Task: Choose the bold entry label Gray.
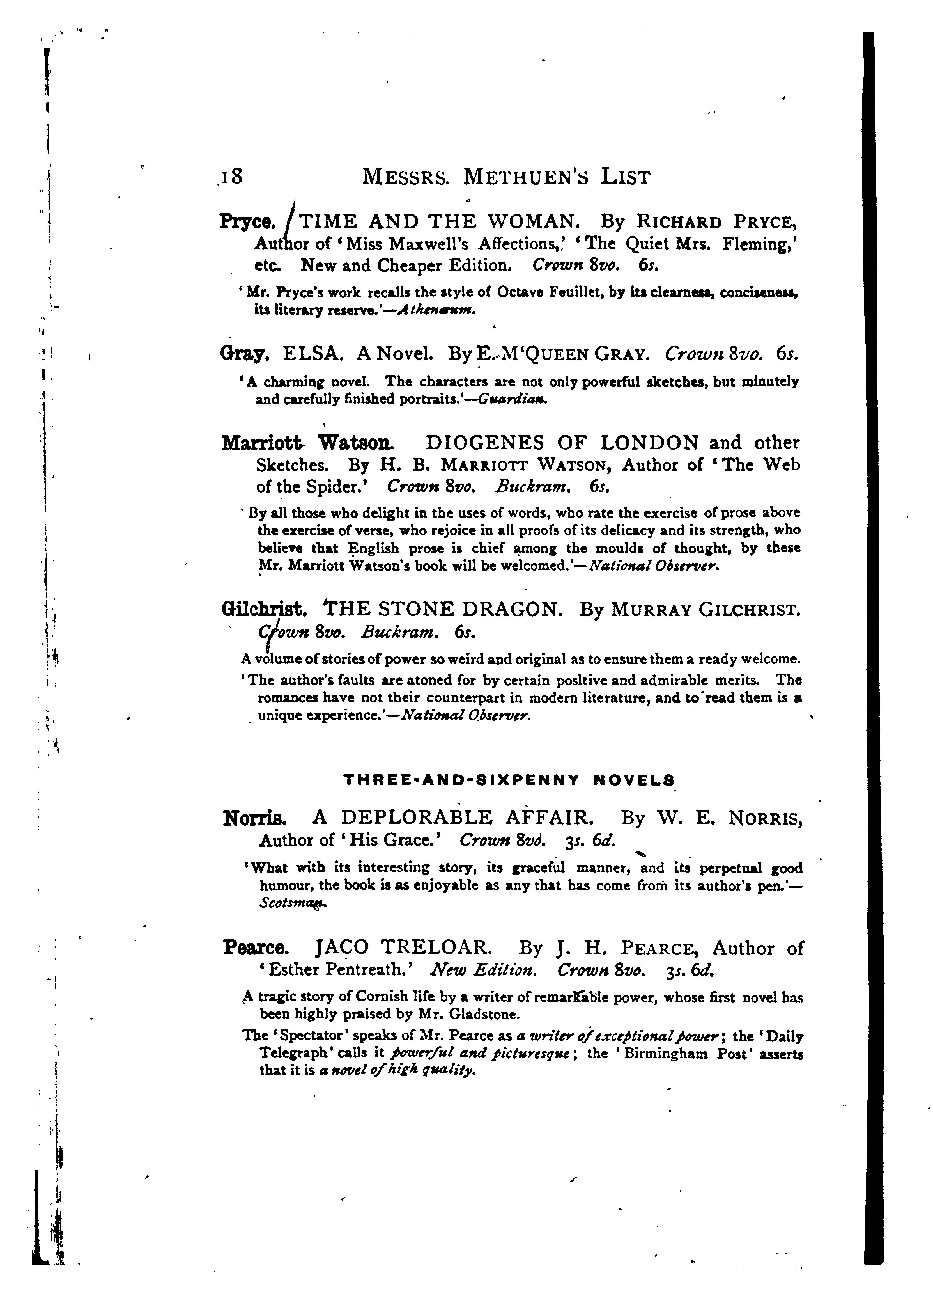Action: (244, 355)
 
